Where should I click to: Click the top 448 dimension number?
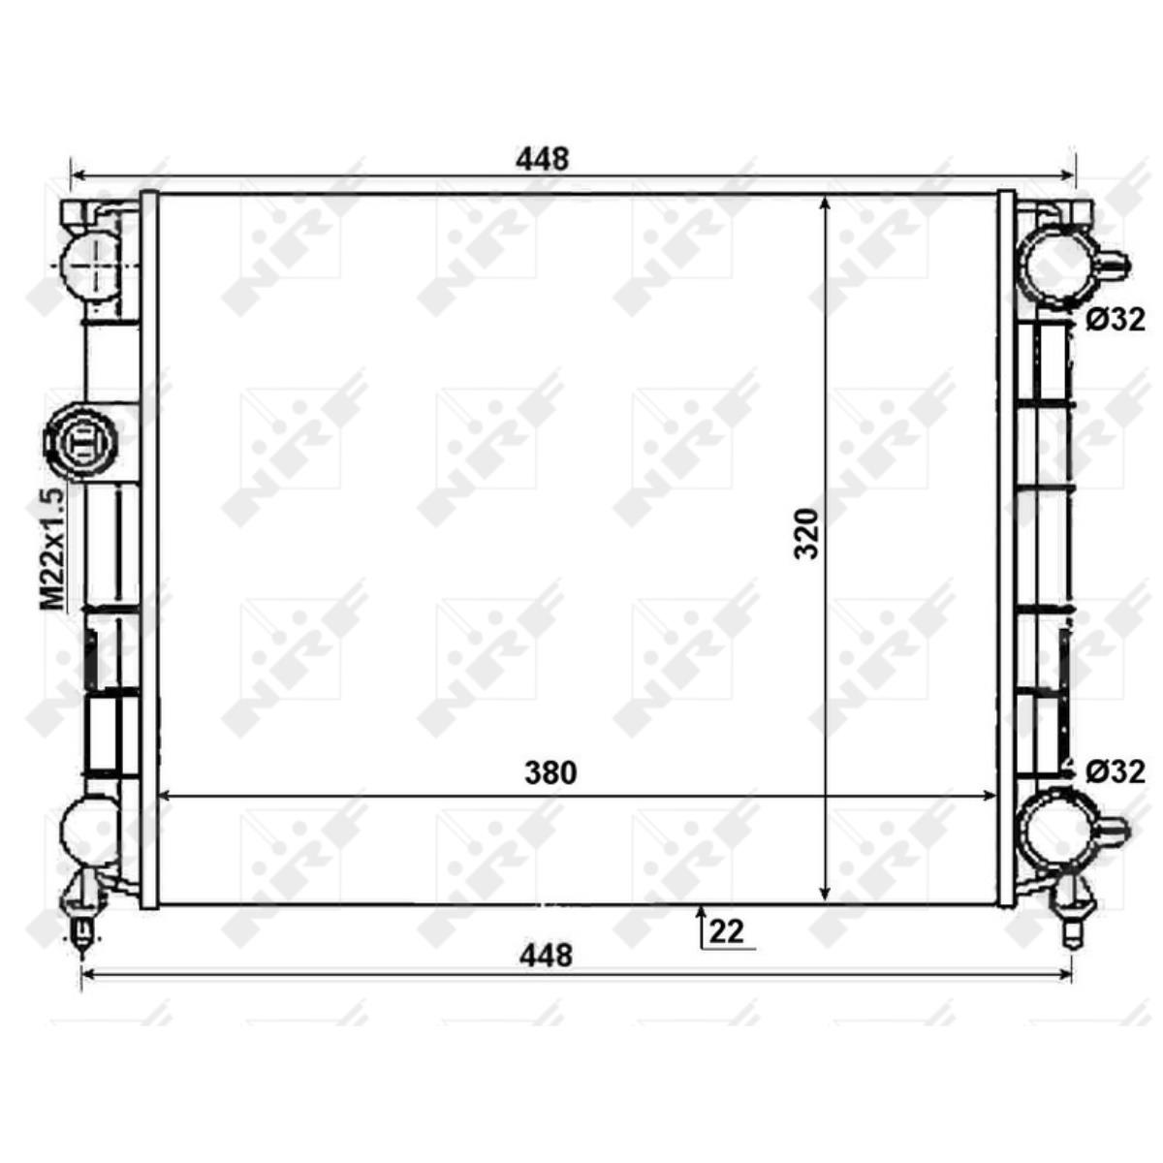[542, 159]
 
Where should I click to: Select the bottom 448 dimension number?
[546, 956]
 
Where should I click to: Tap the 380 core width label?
[550, 772]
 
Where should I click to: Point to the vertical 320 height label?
[806, 533]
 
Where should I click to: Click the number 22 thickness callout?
[726, 931]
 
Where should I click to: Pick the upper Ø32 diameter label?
[1116, 320]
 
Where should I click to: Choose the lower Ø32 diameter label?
[1116, 771]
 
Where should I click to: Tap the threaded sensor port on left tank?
[80, 442]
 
